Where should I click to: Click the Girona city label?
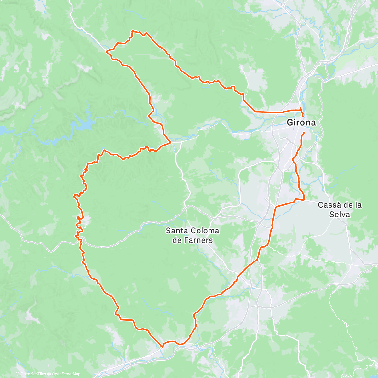point(301,123)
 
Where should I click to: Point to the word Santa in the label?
point(175,231)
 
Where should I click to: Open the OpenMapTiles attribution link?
point(33,374)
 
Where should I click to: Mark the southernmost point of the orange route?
point(162,347)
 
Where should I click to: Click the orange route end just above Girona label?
point(303,115)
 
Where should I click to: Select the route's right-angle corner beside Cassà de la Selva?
point(304,200)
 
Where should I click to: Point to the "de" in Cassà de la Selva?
point(346,205)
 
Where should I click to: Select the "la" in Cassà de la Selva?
point(358,205)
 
